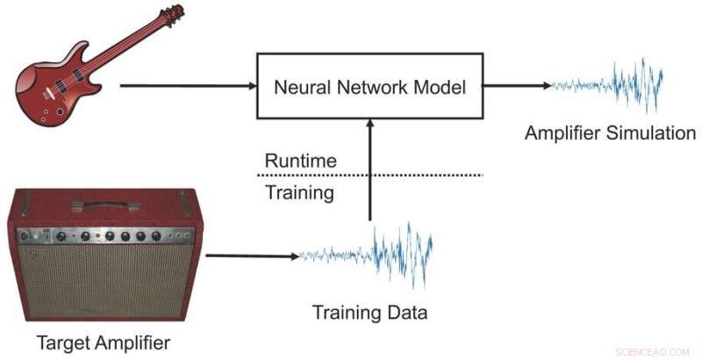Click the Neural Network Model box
pyautogui.click(x=369, y=85)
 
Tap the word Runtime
pyautogui.click(x=300, y=161)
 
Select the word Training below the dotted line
pyautogui.click(x=300, y=191)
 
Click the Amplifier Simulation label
pyautogui.click(x=610, y=133)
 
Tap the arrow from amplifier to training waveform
pyautogui.click(x=250, y=256)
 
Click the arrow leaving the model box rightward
pyautogui.click(x=518, y=86)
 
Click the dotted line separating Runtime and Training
pyautogui.click(x=373, y=176)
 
